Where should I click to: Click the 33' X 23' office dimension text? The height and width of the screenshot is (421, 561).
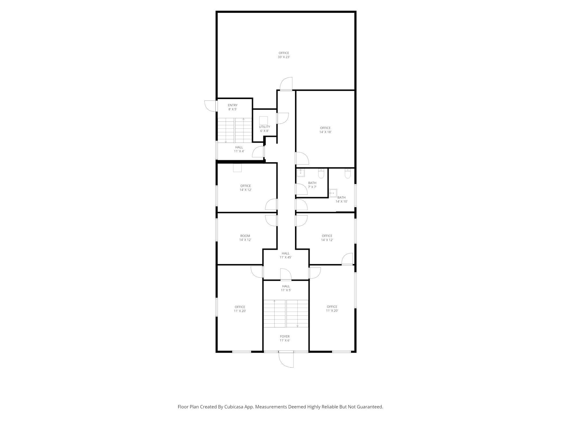(284, 57)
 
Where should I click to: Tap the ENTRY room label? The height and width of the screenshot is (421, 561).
(232, 105)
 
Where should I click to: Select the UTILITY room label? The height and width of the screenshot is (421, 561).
(264, 127)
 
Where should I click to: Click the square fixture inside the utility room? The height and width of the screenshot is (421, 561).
(263, 120)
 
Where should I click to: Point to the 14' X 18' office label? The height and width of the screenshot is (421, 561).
(325, 130)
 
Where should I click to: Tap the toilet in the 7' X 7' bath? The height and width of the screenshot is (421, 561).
(321, 174)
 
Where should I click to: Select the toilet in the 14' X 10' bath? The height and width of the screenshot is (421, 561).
(348, 174)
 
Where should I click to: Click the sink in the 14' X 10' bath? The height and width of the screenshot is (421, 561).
(333, 193)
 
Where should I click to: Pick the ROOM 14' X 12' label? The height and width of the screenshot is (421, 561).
(245, 238)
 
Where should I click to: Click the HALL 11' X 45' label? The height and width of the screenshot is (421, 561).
(286, 255)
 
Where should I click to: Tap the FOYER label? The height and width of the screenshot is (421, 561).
(285, 337)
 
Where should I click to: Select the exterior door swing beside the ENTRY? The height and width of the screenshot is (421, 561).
(211, 106)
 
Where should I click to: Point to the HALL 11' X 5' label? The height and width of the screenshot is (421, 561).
(286, 288)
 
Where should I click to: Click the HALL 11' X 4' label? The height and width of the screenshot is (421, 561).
(239, 149)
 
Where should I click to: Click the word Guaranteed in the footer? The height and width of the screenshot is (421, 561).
(369, 407)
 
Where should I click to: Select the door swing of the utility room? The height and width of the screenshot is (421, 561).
(283, 118)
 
